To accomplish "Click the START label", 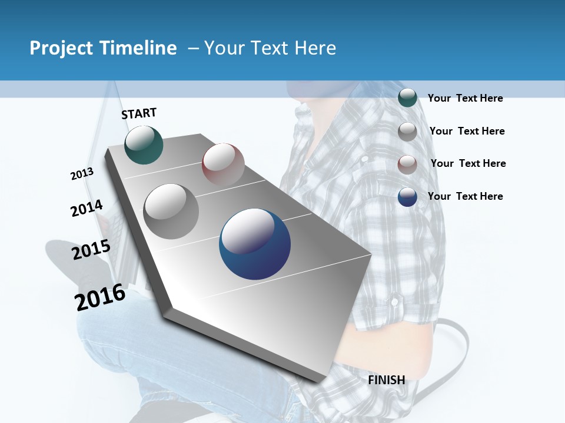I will point(139,113).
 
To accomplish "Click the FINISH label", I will point(387,380).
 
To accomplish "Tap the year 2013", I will point(82,174).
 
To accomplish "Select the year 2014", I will point(87,208).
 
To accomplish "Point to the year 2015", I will point(91,249).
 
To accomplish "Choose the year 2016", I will point(100,297).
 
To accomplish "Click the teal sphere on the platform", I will point(144,145).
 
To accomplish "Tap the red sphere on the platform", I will point(223,164).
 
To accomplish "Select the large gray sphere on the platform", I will point(171,211).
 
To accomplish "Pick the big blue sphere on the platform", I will point(255,244).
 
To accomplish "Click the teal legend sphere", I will point(407,98).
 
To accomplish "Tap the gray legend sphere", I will point(407,131).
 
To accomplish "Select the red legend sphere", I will point(407,164).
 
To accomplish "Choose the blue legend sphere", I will point(407,197).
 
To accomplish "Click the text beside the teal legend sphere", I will point(465,98).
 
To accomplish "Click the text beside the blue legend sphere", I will point(465,196).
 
